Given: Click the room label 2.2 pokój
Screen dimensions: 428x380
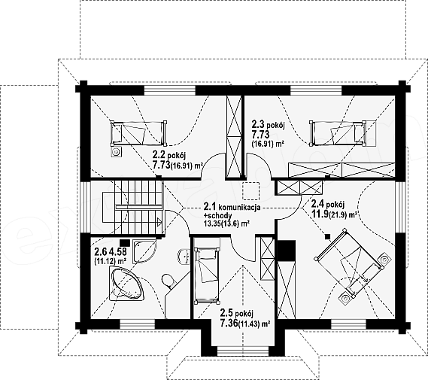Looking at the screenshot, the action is click(x=169, y=156).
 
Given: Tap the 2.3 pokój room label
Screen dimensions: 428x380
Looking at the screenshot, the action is click(x=269, y=126).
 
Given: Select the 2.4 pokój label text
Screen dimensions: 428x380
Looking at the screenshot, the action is click(x=328, y=204).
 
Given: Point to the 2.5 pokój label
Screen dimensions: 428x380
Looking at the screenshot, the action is click(x=237, y=312).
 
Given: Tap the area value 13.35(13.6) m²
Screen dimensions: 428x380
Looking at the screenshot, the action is click(x=227, y=223).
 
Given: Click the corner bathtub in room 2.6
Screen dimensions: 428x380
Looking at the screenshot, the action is click(x=127, y=284).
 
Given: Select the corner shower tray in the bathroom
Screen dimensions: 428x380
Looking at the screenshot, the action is click(x=144, y=251).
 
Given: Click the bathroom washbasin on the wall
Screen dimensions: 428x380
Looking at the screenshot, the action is click(x=185, y=257).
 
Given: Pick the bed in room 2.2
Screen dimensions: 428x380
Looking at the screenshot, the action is click(x=138, y=133).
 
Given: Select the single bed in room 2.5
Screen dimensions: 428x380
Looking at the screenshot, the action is click(x=207, y=275).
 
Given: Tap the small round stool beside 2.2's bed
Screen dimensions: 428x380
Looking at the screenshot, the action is click(x=117, y=152).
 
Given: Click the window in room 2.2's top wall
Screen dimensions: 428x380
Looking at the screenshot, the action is click(x=170, y=90).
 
